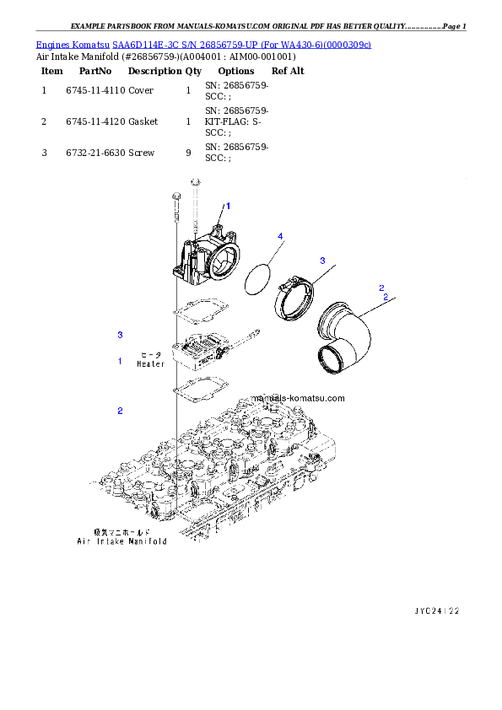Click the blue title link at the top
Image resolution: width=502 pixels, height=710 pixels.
tap(203, 44)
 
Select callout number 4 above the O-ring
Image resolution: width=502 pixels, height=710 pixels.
tap(279, 235)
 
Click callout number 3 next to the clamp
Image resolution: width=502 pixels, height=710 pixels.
tap(321, 261)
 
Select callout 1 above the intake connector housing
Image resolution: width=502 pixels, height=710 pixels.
tap(227, 206)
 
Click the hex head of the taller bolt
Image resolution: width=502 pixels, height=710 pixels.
tap(195, 181)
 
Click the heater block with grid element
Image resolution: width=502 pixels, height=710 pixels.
tap(198, 349)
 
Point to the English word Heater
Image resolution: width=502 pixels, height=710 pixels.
tap(151, 364)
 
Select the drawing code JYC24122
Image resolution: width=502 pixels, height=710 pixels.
tap(437, 610)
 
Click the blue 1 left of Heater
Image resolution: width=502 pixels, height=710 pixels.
tap(120, 361)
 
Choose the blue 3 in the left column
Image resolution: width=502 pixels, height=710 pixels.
tap(120, 335)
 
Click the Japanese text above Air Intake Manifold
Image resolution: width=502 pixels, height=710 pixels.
tap(121, 532)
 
